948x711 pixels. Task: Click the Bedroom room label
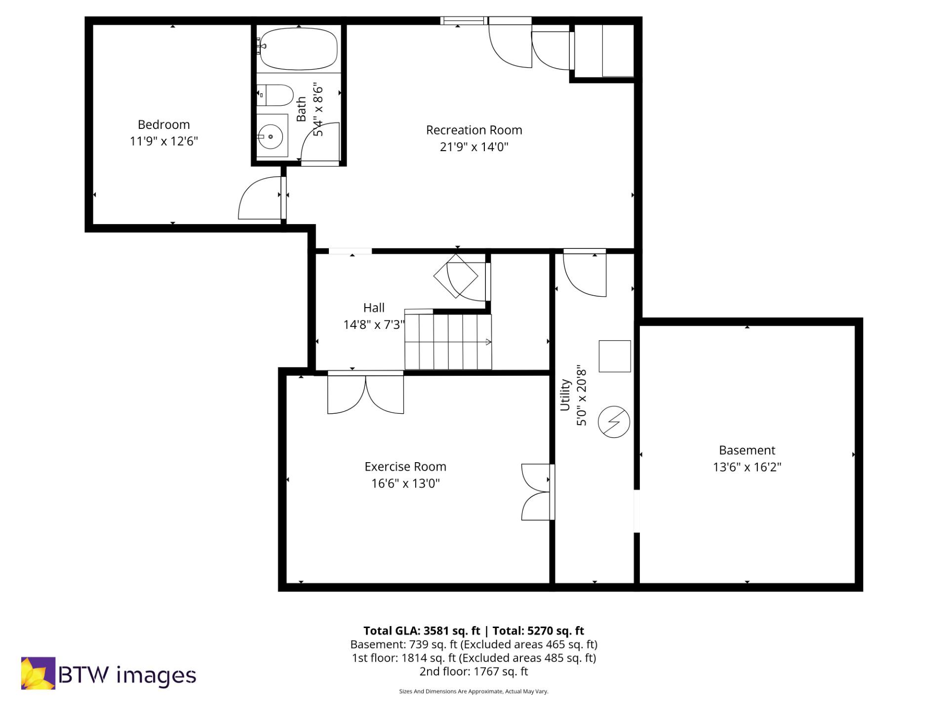tap(163, 124)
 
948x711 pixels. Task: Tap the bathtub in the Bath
tap(299, 49)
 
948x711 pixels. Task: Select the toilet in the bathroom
tap(276, 95)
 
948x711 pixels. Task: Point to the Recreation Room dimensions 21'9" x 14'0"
tap(474, 147)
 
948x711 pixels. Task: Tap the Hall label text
tap(374, 308)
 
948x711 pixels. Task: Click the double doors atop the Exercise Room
tap(365, 393)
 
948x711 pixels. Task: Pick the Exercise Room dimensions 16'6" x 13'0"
tap(405, 483)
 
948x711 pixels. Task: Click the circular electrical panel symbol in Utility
tap(614, 422)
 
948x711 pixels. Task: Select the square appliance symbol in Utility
tap(615, 356)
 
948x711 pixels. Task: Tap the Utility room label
tap(565, 395)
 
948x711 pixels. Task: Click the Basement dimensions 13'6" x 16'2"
tap(747, 467)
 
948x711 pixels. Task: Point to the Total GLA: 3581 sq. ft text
tap(422, 631)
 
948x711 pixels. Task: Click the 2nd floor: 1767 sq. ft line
tap(474, 671)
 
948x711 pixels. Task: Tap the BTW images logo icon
tap(38, 673)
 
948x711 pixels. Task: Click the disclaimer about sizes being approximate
tap(474, 691)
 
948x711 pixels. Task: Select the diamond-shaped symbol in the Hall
tap(455, 276)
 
